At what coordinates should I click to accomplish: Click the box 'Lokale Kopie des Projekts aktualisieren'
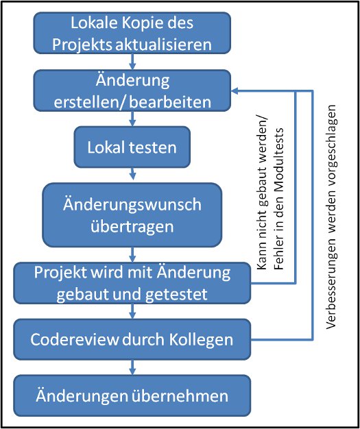pyautogui.click(x=132, y=33)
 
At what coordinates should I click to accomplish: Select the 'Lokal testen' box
pyautogui.click(x=132, y=147)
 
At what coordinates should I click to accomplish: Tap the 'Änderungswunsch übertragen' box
pyautogui.click(x=132, y=215)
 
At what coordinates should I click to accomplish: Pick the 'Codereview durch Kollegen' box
pyautogui.click(x=132, y=339)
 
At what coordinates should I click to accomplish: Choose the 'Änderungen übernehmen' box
pyautogui.click(x=132, y=395)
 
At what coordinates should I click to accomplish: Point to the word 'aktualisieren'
pyautogui.click(x=163, y=45)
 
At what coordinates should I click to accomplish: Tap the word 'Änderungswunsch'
pyautogui.click(x=132, y=205)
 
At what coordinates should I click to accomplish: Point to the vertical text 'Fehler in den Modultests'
pyautogui.click(x=278, y=199)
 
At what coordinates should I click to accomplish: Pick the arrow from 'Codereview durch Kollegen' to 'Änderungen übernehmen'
pyautogui.click(x=133, y=367)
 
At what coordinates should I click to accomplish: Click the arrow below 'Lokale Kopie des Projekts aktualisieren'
pyautogui.click(x=133, y=62)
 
